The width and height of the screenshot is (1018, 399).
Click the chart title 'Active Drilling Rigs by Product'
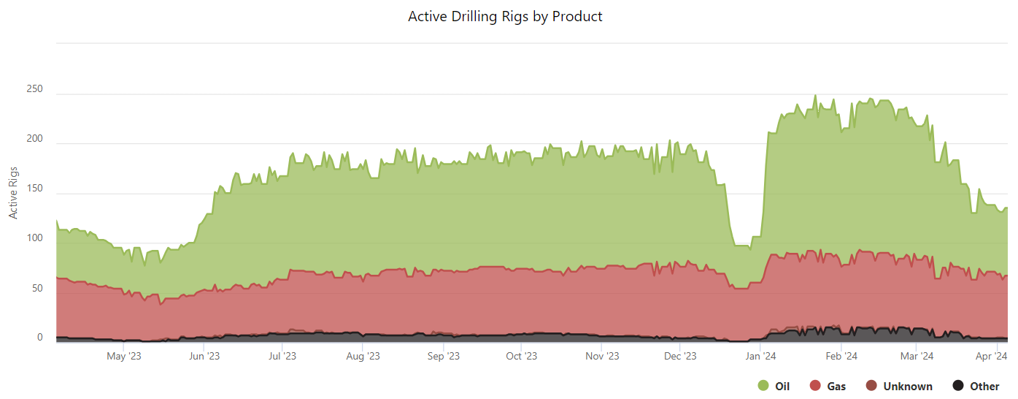coord(505,16)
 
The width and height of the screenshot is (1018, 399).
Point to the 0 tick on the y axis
coord(40,338)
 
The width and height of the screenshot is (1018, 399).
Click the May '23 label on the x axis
coord(123,357)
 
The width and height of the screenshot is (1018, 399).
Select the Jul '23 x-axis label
coord(282,357)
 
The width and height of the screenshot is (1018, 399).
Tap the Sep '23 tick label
coord(443,357)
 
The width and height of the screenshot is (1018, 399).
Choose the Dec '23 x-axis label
coord(681,357)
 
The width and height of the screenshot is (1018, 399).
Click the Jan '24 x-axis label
coord(761,357)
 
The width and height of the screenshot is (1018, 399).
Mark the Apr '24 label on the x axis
coord(992,357)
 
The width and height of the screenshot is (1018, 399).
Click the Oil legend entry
coord(782,386)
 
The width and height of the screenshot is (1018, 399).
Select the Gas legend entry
coord(836,386)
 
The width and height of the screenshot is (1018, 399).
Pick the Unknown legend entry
coord(907,386)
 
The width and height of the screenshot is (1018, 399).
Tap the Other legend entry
coord(984,386)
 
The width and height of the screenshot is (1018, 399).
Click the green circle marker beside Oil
coord(763,386)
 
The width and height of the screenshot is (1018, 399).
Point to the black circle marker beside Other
coord(959,386)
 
